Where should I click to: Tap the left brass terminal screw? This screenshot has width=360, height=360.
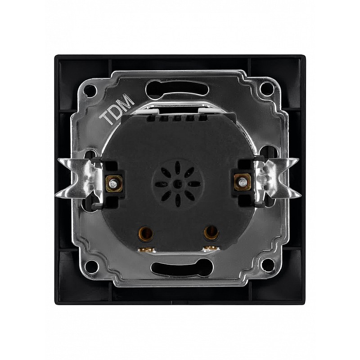(x=113, y=183)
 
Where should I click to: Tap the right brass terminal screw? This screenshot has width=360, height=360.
(x=242, y=183)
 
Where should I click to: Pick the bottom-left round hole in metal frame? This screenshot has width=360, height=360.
(x=92, y=266)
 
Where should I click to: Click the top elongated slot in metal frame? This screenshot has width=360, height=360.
(x=177, y=88)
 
